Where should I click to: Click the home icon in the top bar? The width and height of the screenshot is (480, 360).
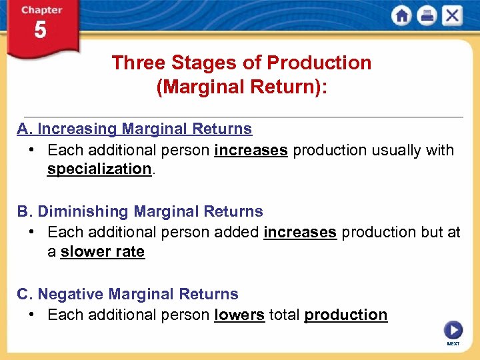pyautogui.click(x=402, y=16)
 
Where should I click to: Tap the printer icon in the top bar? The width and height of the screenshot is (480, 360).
pyautogui.click(x=427, y=16)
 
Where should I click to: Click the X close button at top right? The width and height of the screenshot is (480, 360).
pyautogui.click(x=452, y=16)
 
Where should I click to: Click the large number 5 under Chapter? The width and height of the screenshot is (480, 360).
pyautogui.click(x=40, y=31)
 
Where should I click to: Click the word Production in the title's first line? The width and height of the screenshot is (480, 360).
pyautogui.click(x=319, y=63)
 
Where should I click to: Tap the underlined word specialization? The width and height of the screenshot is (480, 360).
pyautogui.click(x=99, y=169)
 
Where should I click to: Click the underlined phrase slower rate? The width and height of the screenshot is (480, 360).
pyautogui.click(x=102, y=252)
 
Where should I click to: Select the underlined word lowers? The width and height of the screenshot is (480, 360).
pyautogui.click(x=239, y=315)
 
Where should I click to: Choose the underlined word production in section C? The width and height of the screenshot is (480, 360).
pyautogui.click(x=345, y=315)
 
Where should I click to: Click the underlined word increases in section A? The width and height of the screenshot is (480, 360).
pyautogui.click(x=251, y=151)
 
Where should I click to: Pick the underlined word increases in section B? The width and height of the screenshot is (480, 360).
pyautogui.click(x=300, y=233)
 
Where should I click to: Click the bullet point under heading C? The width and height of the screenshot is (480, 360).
pyautogui.click(x=31, y=315)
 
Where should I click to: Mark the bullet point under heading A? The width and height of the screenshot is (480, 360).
pyautogui.click(x=31, y=150)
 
